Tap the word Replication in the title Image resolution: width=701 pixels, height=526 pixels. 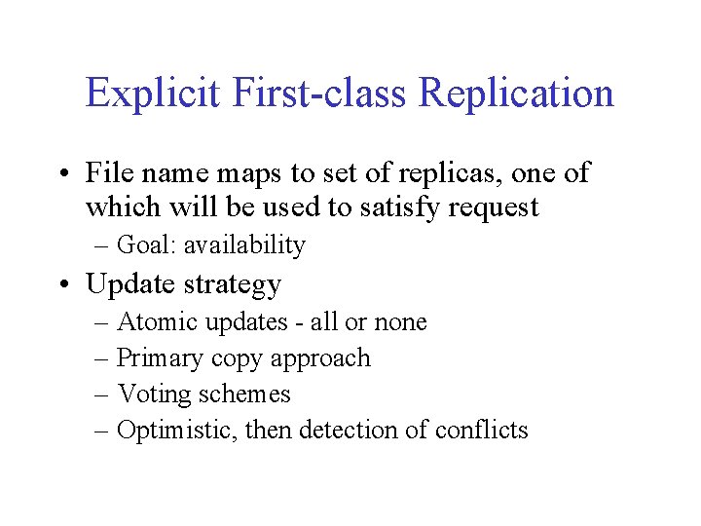(516, 94)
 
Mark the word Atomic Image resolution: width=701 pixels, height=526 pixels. (152, 321)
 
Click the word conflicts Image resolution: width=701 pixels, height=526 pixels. (481, 430)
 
